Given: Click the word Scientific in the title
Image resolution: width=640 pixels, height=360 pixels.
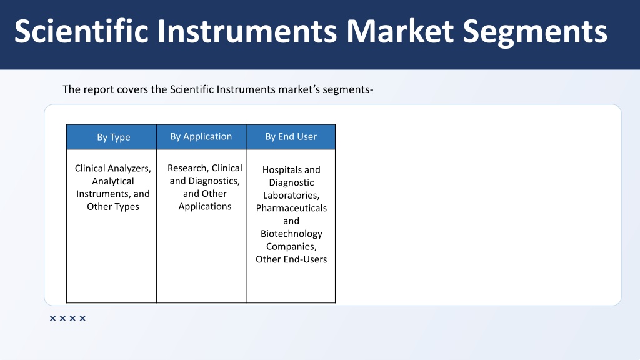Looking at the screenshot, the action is (81, 31).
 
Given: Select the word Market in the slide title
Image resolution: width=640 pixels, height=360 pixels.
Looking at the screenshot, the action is (400, 31).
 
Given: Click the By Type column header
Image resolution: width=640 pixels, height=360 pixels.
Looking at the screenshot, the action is (114, 137).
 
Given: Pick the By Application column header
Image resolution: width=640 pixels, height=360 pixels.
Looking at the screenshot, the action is (201, 137).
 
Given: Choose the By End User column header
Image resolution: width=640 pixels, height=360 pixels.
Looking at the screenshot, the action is (291, 137).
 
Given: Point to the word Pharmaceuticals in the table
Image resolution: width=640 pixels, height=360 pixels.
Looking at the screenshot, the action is (291, 208).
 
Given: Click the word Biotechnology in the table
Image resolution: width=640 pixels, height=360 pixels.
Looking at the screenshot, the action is (291, 234).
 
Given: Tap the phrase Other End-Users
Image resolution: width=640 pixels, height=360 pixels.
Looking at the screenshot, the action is (291, 259).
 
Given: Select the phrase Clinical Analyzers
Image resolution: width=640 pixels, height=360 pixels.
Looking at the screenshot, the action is (113, 169).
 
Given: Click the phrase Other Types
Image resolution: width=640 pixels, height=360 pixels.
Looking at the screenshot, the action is (113, 206).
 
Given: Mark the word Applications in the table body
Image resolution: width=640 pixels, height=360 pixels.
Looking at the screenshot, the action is (205, 206).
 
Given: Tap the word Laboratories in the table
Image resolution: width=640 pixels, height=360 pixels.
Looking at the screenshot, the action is (291, 196).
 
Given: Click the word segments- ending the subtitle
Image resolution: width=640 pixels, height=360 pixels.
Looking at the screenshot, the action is (348, 89).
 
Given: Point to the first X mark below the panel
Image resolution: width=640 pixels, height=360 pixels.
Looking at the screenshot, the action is (52, 318).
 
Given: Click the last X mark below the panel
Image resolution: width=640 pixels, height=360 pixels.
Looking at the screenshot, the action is (82, 318).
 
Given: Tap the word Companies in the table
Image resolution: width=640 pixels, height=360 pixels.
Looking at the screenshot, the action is (291, 246).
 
